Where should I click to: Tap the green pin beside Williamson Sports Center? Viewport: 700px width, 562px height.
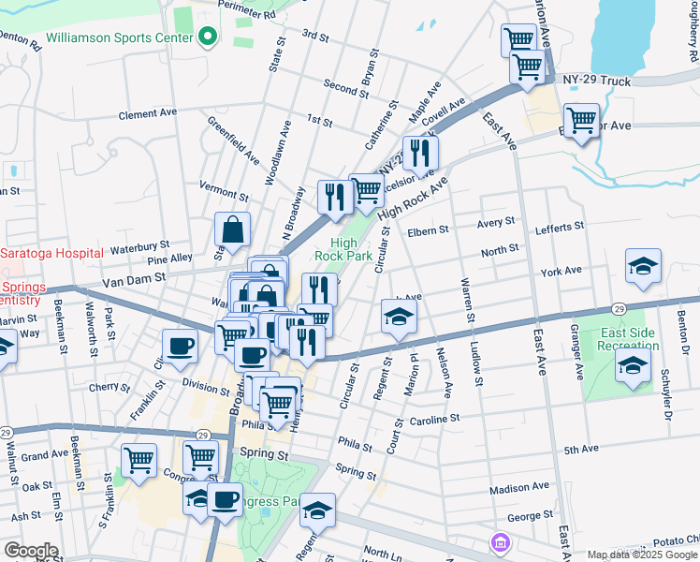pos(208,38)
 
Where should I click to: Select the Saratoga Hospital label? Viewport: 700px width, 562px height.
pos(51,253)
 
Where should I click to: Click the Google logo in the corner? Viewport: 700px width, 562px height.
pos(30,551)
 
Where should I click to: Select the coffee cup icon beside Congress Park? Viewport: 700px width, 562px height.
pos(225,499)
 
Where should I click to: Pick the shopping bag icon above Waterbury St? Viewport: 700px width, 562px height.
pos(232,229)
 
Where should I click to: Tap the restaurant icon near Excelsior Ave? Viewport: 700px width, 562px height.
pos(420,152)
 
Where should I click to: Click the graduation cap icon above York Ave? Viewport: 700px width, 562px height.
pos(643,266)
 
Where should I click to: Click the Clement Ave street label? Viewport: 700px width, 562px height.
pos(148,113)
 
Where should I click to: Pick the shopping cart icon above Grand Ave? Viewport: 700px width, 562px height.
pos(139,459)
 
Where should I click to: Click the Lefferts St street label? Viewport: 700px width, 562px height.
pos(560,227)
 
